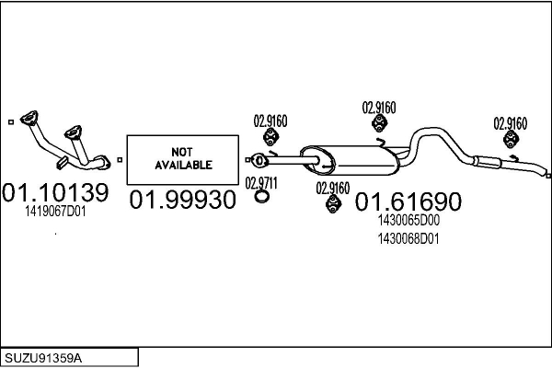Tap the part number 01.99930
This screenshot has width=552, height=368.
(182, 200)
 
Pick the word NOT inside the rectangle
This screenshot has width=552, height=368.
(182, 152)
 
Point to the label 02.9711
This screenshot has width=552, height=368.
(261, 181)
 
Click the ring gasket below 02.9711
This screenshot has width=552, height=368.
(261, 196)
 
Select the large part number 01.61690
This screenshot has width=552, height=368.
(408, 201)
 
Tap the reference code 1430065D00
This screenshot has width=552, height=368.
(408, 221)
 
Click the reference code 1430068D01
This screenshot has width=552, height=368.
(408, 239)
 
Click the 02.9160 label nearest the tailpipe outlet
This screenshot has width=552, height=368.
(510, 121)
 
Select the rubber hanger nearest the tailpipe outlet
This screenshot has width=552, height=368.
(510, 140)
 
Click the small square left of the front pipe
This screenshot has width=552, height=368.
(9, 119)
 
